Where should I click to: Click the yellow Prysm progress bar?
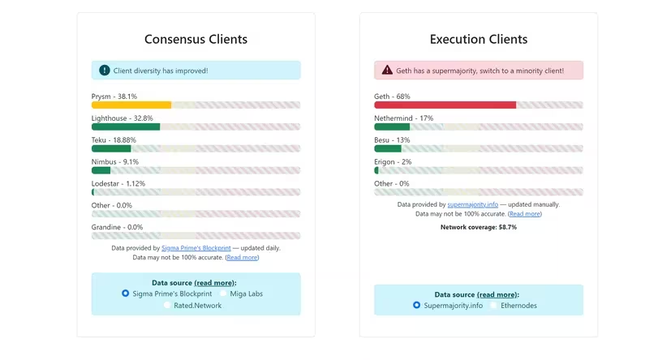click(131, 105)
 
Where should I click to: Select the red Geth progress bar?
click(445, 105)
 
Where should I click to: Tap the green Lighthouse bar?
click(126, 126)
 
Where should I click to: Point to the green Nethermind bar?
click(392, 126)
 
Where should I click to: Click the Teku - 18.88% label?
click(114, 140)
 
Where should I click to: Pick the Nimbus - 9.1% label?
click(114, 161)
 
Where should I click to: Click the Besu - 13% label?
click(392, 140)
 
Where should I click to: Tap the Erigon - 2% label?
click(393, 161)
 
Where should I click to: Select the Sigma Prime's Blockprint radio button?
click(125, 294)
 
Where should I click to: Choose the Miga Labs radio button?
click(223, 294)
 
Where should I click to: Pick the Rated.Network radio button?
click(168, 305)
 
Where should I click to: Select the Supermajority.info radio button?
click(416, 306)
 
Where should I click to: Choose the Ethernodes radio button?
click(493, 306)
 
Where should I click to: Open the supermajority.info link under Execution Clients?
click(474, 205)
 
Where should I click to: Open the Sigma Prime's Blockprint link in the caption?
click(196, 248)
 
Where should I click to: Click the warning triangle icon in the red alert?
click(387, 71)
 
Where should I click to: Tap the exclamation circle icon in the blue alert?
click(105, 71)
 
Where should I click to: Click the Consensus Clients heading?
click(196, 39)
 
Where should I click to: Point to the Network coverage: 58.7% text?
click(479, 227)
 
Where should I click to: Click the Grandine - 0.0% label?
click(117, 227)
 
